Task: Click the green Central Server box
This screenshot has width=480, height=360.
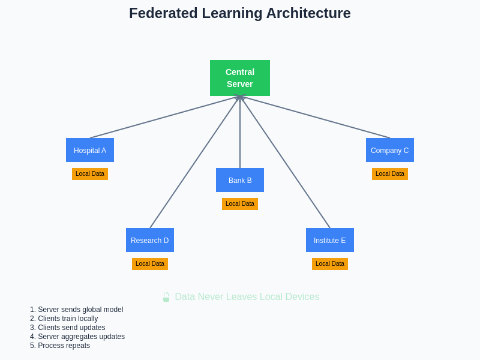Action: [240, 78]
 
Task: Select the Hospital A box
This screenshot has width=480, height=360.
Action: [90, 150]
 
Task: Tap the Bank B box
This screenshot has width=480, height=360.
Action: [240, 180]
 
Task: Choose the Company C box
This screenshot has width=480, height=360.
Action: [390, 150]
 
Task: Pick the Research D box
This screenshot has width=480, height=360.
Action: [150, 240]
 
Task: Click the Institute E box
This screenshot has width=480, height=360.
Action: [330, 240]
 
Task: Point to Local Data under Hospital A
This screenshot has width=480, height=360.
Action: [90, 174]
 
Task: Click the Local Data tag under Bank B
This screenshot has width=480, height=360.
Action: [240, 204]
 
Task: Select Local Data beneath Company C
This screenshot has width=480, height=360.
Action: [390, 174]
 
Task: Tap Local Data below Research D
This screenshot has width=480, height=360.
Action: [150, 264]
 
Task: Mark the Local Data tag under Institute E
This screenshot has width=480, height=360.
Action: [330, 264]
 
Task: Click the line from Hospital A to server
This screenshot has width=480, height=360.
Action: [165, 117]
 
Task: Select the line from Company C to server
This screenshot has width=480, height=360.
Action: [315, 117]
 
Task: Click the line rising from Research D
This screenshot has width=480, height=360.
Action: [195, 162]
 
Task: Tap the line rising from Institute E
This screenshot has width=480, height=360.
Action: [285, 162]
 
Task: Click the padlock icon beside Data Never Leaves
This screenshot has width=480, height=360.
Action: [166, 297]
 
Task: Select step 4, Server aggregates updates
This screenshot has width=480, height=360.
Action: [77, 337]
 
